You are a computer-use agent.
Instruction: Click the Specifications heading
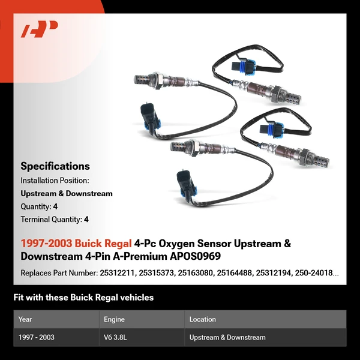[x=55, y=166]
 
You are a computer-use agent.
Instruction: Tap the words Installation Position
[x=55, y=180]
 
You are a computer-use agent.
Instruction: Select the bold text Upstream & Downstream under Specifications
[x=67, y=193]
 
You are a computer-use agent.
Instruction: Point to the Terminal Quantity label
[x=51, y=220]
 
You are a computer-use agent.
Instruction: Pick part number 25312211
[x=116, y=273]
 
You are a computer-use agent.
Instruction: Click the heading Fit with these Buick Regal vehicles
[x=83, y=298]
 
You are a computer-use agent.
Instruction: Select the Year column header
[x=25, y=319]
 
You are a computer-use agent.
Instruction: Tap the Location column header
[x=202, y=319]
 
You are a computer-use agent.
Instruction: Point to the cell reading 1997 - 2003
[x=37, y=337]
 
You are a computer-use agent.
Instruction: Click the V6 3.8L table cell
[x=116, y=337]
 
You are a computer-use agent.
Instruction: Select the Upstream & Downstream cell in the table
[x=227, y=337]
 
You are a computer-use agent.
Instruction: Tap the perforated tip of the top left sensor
[x=142, y=78]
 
